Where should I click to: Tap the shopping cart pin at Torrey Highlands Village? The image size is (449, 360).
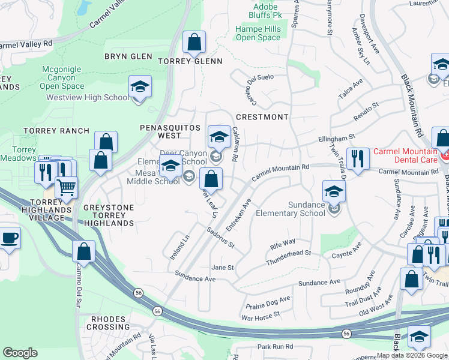click(x=66, y=188)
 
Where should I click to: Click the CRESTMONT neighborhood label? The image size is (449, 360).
click(x=262, y=117)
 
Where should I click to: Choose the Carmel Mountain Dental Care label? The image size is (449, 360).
click(x=405, y=156)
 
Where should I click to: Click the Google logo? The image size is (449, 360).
click(x=20, y=353)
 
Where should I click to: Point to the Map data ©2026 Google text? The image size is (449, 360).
click(x=412, y=355)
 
